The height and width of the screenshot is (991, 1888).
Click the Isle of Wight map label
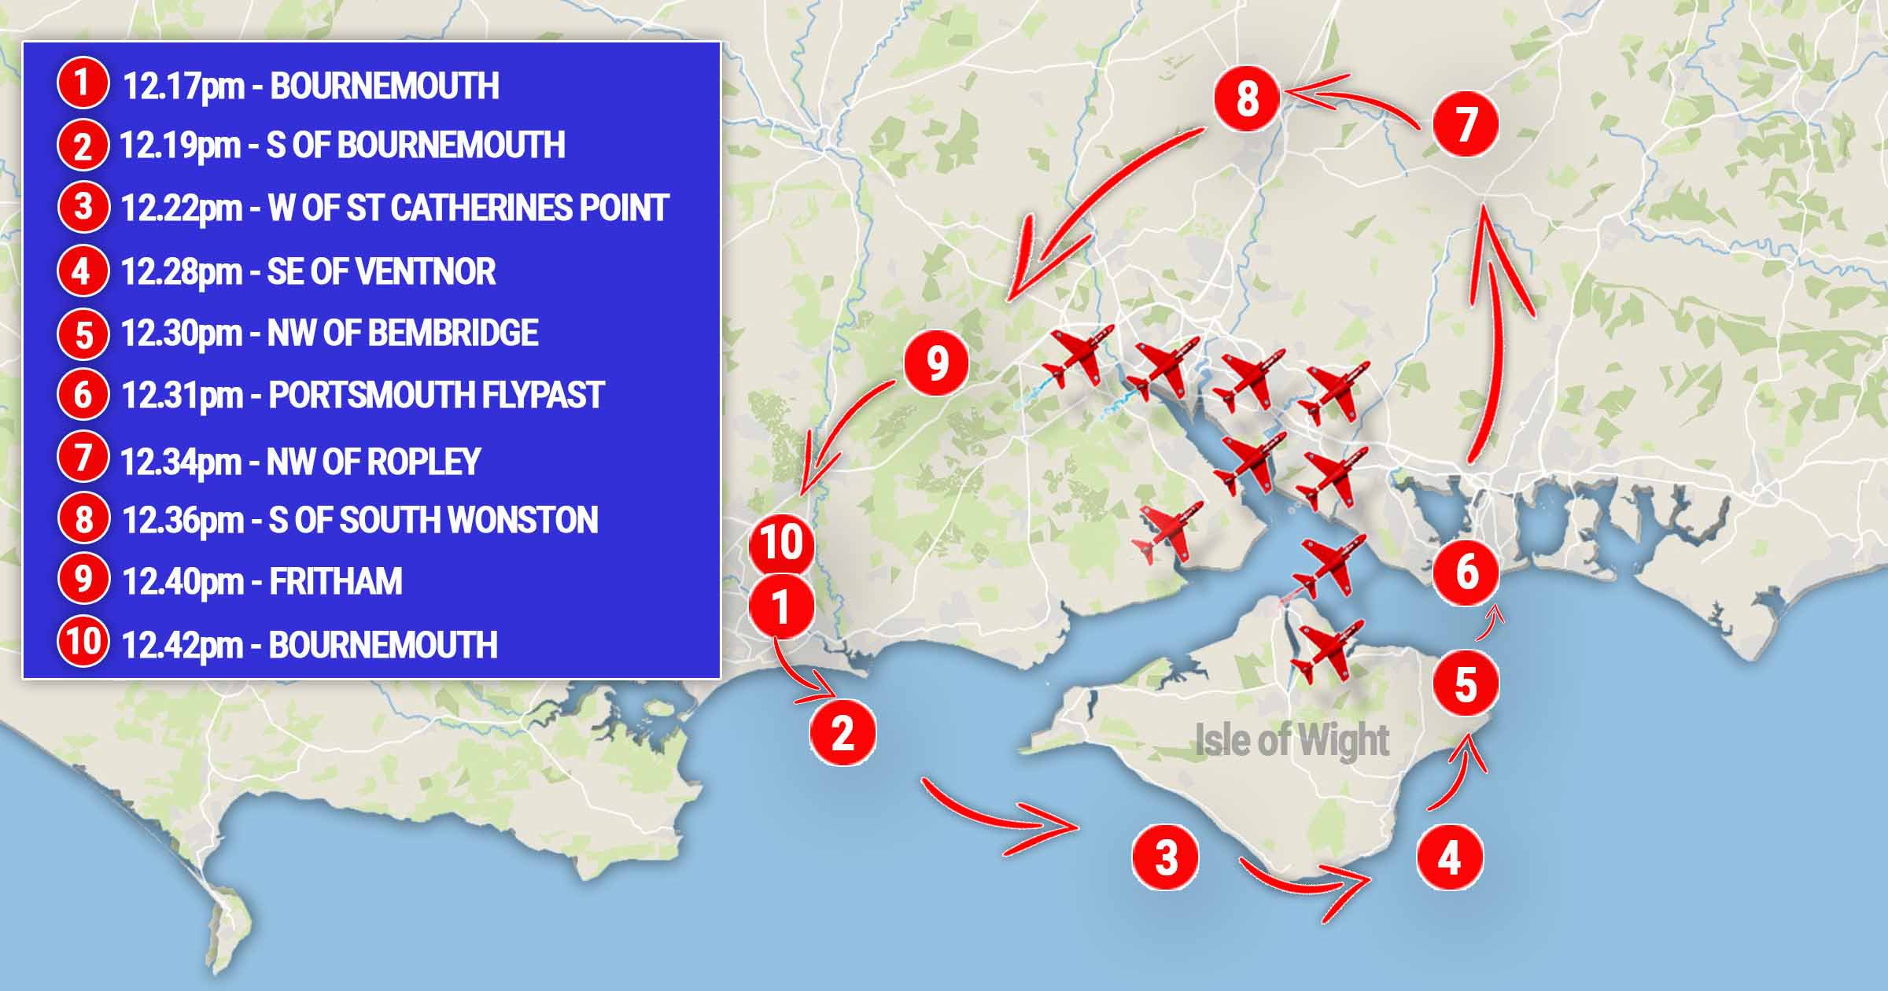(1292, 741)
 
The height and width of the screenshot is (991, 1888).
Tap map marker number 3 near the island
(1166, 857)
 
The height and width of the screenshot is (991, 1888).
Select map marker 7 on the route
(1465, 124)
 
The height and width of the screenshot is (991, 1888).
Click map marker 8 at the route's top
(1247, 99)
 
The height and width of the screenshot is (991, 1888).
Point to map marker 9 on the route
(936, 363)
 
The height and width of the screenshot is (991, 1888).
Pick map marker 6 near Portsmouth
(1466, 572)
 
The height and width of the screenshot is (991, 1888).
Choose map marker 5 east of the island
(1465, 684)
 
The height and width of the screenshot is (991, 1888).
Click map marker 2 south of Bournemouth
(843, 732)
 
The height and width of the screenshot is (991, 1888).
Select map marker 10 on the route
(781, 543)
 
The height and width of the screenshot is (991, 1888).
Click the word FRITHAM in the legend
(336, 582)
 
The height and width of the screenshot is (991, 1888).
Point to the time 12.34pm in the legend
(180, 462)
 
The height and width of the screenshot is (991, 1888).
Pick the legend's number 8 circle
(83, 519)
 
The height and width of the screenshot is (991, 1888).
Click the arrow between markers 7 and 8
(1348, 101)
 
